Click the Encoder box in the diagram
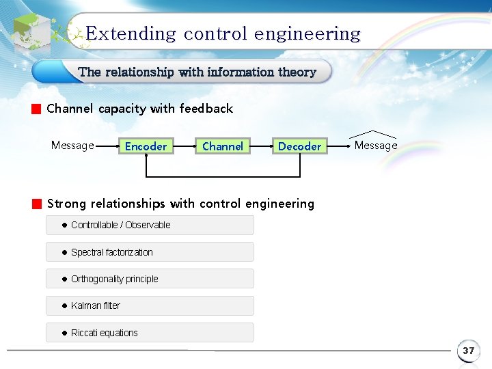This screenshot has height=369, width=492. (x=146, y=146)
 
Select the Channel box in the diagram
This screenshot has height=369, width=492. (x=223, y=146)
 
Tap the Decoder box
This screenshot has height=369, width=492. (x=299, y=146)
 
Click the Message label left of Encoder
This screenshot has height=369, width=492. (x=72, y=145)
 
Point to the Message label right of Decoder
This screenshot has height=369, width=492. (x=375, y=145)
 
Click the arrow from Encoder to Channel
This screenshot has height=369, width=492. (x=183, y=146)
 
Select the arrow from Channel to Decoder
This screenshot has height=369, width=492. (x=261, y=146)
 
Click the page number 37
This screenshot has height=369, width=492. (x=468, y=351)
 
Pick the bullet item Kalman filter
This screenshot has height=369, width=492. (x=95, y=305)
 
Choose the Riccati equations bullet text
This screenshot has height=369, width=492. (x=104, y=333)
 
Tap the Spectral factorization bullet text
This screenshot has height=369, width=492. (x=111, y=252)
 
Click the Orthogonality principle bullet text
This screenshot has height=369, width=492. (x=114, y=279)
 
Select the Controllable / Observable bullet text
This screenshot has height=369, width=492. (x=120, y=225)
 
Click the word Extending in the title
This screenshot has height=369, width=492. (x=131, y=33)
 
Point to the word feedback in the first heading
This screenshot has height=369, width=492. (x=206, y=109)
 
